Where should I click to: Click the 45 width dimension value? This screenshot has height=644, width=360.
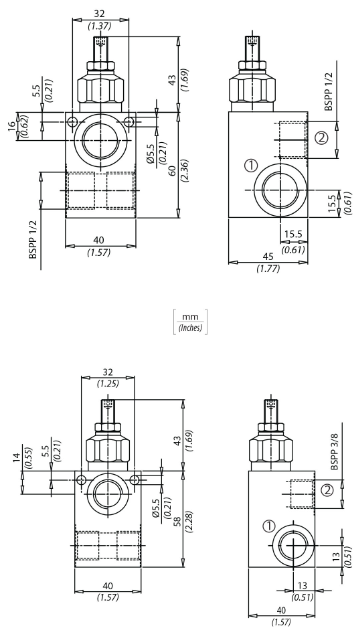pos(268,256)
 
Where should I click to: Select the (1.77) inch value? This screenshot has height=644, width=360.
pos(268,269)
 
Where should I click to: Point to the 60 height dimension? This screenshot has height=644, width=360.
pos(172,170)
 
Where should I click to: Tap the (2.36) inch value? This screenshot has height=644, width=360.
pos(185,170)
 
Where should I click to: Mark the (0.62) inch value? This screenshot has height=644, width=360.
pos(23,126)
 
